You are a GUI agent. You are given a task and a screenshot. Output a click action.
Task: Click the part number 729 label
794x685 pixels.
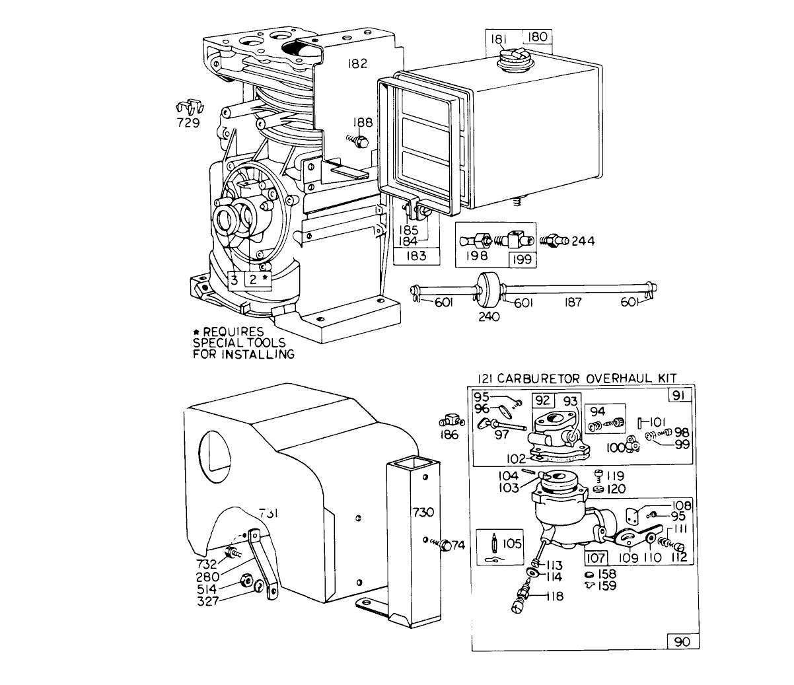pos(188,122)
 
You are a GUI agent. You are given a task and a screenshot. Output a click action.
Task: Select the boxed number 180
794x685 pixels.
pos(537,37)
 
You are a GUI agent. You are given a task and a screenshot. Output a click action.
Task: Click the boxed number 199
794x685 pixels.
pos(522,258)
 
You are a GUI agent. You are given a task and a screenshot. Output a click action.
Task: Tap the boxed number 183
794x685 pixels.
pos(417,256)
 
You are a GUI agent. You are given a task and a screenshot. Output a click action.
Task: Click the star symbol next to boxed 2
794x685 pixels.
pos(266,279)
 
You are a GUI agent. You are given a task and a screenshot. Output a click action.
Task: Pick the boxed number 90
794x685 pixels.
pos(680,641)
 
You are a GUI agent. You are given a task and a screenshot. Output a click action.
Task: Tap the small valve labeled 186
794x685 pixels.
pos(449,421)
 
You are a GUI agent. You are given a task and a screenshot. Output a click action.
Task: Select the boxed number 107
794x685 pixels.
pos(596,556)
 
